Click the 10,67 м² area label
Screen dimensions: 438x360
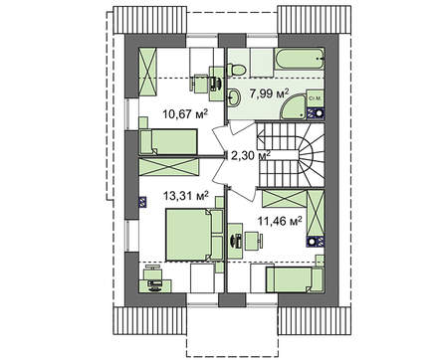[185, 114]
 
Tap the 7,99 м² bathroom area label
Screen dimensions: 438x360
[270, 93]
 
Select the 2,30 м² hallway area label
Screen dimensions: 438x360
[251, 155]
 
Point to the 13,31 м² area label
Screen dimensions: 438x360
[186, 196]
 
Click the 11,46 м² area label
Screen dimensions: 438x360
[280, 221]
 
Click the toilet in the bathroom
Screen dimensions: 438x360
[236, 70]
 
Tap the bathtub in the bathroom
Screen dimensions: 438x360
[299, 59]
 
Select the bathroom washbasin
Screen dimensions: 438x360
[234, 97]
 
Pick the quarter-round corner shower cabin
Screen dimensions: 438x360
[293, 106]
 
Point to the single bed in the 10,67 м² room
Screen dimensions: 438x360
[169, 142]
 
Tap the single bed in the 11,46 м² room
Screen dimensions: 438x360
[295, 279]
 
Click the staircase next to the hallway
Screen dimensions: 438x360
[291, 155]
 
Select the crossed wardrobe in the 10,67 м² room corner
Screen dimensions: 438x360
[147, 72]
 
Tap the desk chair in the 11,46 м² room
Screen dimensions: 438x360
[253, 241]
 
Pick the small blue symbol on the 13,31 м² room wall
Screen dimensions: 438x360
[142, 202]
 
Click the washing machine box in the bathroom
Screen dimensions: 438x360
[313, 98]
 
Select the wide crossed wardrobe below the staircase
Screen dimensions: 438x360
[284, 199]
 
